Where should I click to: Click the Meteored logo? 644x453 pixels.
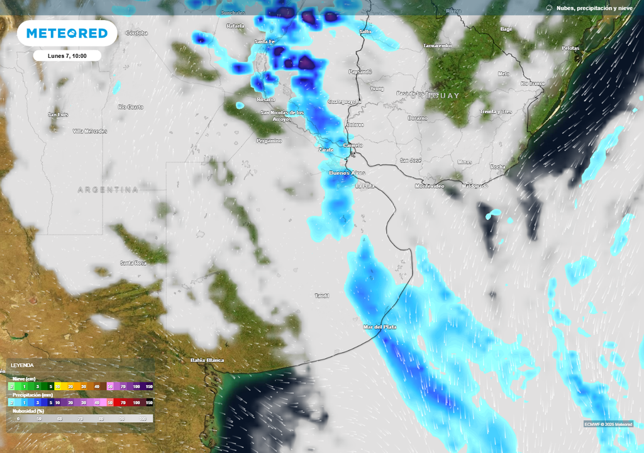(x=67, y=33)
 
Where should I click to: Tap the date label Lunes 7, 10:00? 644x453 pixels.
(x=67, y=56)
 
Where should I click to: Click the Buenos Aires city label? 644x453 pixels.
(x=347, y=172)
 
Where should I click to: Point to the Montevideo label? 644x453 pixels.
(x=430, y=186)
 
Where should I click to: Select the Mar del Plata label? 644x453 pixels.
(x=380, y=327)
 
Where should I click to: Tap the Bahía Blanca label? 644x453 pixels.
(x=207, y=360)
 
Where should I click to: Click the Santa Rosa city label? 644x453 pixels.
(x=133, y=262)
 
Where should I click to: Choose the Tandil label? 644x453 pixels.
(x=322, y=295)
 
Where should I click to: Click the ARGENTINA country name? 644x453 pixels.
(x=108, y=189)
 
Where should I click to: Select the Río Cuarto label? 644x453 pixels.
(x=130, y=107)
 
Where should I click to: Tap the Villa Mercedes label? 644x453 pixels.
(x=90, y=131)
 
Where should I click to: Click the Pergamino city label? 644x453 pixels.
(x=269, y=141)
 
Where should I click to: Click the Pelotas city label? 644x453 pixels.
(x=570, y=48)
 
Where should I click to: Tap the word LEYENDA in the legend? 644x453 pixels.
(x=22, y=365)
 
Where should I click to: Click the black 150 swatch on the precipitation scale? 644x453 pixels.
(x=149, y=402)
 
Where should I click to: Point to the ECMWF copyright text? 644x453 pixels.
(x=608, y=423)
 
